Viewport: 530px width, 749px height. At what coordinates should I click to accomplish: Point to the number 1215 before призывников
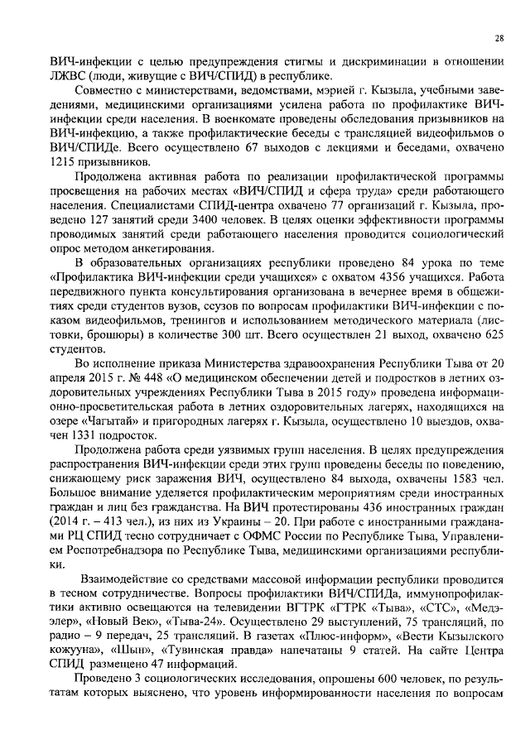click(x=66, y=161)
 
